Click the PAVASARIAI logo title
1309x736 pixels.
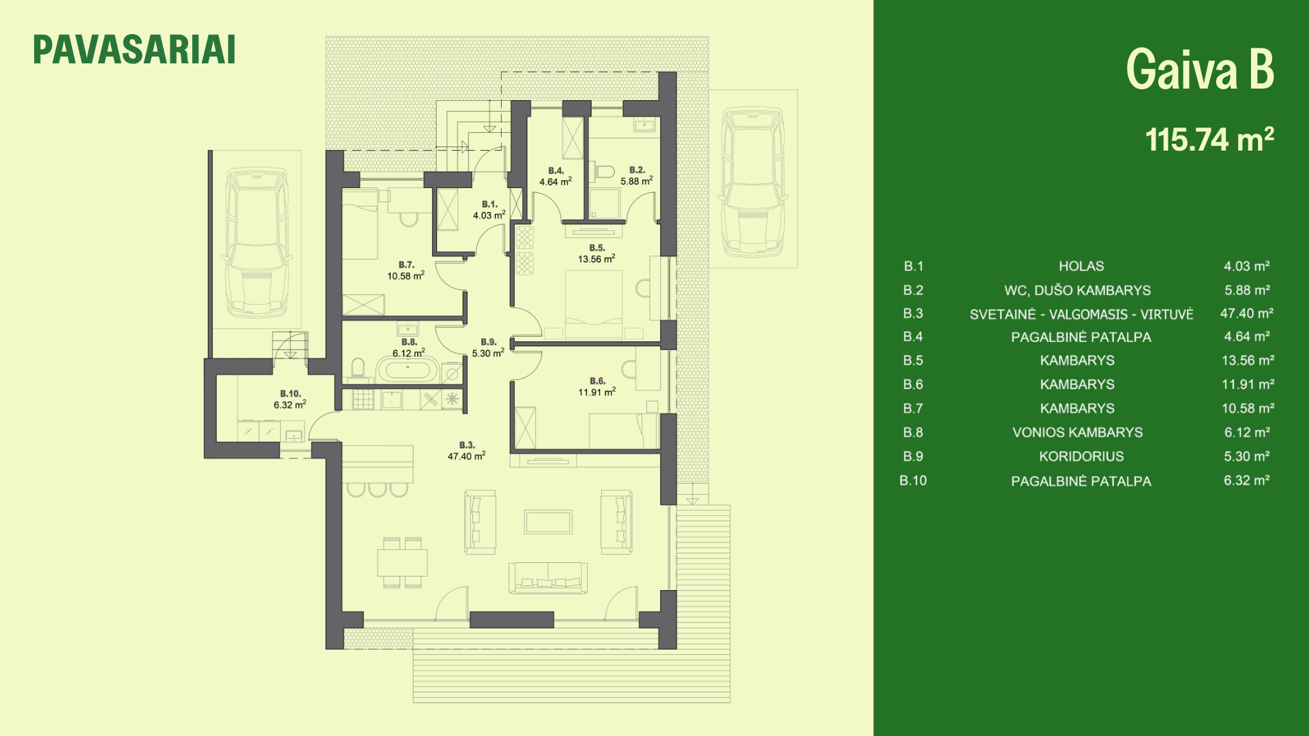click(x=134, y=50)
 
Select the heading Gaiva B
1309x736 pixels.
click(x=1200, y=70)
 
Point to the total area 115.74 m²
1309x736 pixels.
click(x=1209, y=139)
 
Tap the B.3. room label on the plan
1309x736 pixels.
click(x=467, y=445)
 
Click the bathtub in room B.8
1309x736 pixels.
click(x=404, y=371)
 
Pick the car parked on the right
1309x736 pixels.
click(x=753, y=181)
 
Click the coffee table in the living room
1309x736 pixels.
click(x=548, y=522)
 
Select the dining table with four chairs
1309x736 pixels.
click(x=402, y=562)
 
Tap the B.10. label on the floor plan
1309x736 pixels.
click(x=290, y=394)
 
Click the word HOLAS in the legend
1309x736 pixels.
click(x=1081, y=266)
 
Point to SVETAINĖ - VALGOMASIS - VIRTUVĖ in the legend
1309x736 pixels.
click(x=1081, y=314)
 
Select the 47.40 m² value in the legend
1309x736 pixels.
click(x=1247, y=313)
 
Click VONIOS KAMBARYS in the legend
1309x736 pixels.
click(x=1078, y=433)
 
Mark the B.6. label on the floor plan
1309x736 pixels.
click(x=597, y=381)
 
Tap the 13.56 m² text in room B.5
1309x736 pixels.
click(x=597, y=259)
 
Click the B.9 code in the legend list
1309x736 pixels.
click(x=913, y=457)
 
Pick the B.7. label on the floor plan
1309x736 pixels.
click(x=406, y=264)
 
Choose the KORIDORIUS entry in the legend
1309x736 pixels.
click(x=1081, y=457)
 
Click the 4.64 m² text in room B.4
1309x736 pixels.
click(x=556, y=182)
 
